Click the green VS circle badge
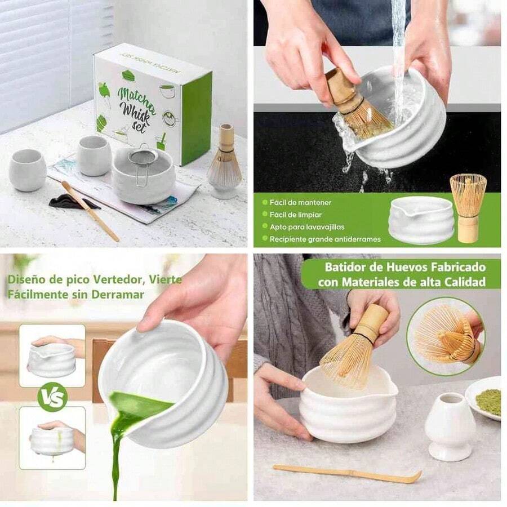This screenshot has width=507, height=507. click(x=52, y=397)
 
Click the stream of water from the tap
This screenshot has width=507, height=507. click(x=399, y=56)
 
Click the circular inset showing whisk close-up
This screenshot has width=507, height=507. click(x=444, y=336)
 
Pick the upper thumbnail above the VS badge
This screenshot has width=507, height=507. click(x=52, y=355)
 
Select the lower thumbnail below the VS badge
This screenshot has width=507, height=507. click(x=52, y=438)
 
